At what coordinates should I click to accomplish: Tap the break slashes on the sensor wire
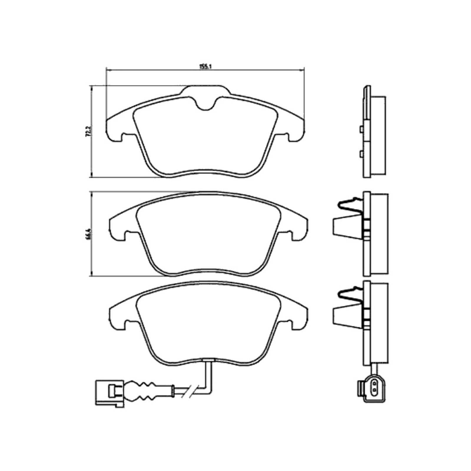coord(188,392)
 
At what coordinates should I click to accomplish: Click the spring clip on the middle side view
coord(349,205)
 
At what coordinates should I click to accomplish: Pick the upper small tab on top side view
coord(361,129)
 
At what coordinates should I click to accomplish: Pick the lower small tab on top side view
coord(361,153)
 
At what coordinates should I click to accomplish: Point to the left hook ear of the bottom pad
coord(118,322)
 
